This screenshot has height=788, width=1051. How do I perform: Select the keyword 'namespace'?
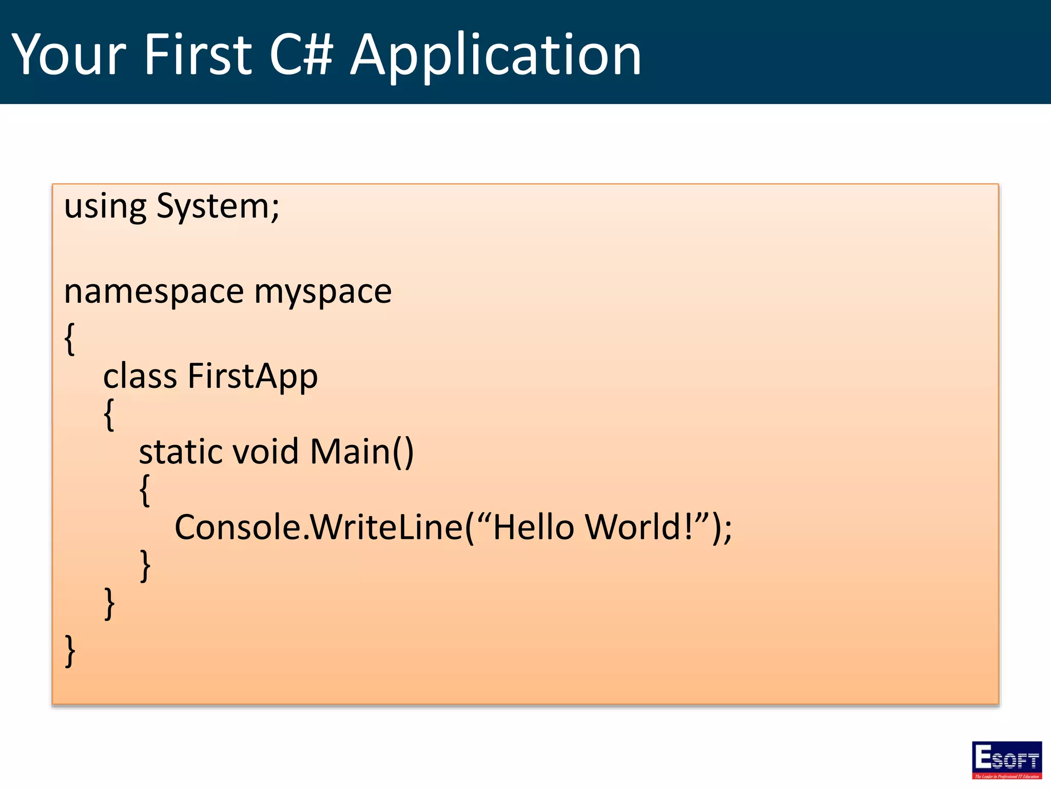[x=153, y=292]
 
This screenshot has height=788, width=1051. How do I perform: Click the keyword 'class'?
[x=140, y=376]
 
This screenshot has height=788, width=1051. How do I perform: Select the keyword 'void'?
[x=265, y=452]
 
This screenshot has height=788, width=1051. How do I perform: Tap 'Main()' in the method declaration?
[x=362, y=452]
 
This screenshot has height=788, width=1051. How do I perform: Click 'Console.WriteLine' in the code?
[x=319, y=527]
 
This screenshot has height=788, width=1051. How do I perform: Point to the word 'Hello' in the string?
[x=533, y=527]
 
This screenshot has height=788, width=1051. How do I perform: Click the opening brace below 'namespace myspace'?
[x=70, y=339]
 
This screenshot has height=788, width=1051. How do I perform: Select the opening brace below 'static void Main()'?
[x=145, y=490]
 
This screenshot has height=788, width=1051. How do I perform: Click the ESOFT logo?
[x=1006, y=760]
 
